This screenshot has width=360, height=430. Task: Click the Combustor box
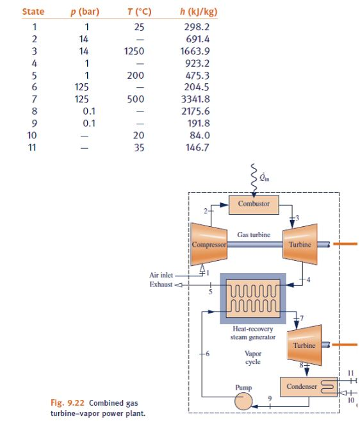tap(254, 204)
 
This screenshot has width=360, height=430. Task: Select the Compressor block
tap(206, 244)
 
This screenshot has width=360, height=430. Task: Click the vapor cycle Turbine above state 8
tap(304, 345)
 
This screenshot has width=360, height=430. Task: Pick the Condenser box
tap(302, 386)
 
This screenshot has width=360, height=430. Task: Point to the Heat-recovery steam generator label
tap(253, 333)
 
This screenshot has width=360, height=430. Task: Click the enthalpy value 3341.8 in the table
tap(197, 99)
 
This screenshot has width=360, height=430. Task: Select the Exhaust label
tap(160, 283)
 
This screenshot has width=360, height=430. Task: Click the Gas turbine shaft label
tap(254, 235)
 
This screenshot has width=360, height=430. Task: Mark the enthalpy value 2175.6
tap(197, 112)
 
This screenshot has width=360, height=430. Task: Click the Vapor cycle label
tap(253, 358)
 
